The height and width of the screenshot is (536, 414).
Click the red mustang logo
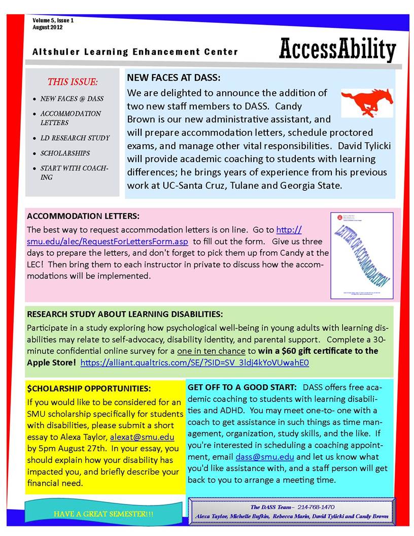[x=366, y=102]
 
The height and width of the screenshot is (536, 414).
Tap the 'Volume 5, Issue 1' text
[x=53, y=20]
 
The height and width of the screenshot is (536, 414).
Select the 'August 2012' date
[x=48, y=27]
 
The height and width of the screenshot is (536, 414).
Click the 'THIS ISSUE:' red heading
[x=73, y=81]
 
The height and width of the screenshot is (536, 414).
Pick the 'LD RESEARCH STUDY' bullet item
[x=75, y=138]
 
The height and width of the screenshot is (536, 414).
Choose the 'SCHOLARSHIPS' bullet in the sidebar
[x=65, y=153]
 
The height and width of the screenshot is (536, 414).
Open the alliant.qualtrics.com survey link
[x=195, y=362]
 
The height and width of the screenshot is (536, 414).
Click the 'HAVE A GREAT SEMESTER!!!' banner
[x=103, y=514]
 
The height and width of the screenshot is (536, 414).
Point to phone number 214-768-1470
[x=316, y=507]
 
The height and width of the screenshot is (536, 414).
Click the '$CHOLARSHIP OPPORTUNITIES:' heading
[x=89, y=389]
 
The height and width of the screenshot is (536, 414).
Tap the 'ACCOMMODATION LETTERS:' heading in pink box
[x=83, y=216]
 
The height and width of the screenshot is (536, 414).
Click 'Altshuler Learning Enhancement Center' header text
[x=135, y=52]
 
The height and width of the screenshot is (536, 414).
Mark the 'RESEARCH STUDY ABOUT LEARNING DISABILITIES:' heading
[x=125, y=314]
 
